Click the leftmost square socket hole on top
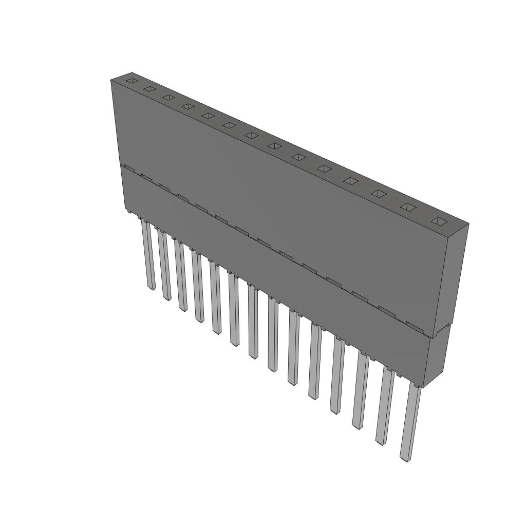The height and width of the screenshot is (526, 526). click(132, 81)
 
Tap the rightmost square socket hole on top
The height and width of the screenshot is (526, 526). click(439, 221)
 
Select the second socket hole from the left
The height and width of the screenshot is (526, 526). click(149, 89)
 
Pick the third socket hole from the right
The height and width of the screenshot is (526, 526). click(379, 194)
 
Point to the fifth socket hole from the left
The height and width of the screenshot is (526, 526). click(208, 116)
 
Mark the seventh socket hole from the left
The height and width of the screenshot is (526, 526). click(251, 135)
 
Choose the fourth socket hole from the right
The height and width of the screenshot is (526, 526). click(351, 181)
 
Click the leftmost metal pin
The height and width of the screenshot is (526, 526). click(149, 254)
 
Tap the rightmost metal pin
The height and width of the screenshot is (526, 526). click(409, 421)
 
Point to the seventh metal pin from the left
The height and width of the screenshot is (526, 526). click(252, 321)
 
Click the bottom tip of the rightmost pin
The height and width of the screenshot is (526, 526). click(405, 457)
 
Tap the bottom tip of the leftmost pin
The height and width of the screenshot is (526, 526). click(151, 287)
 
